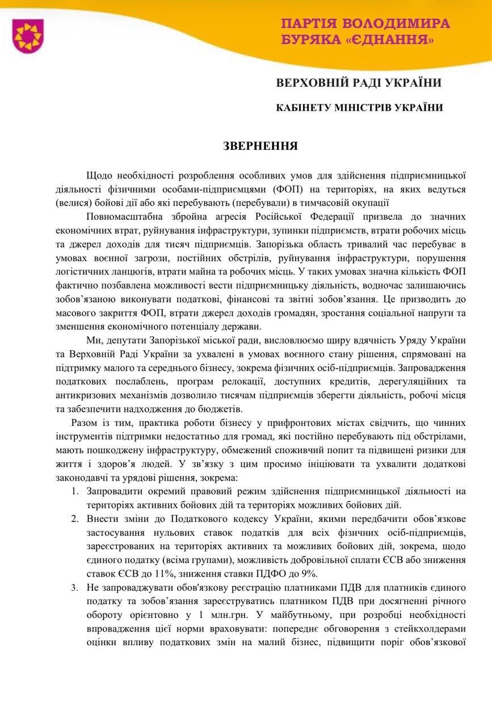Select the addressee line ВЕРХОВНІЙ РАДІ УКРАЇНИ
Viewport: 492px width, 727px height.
coord(359,83)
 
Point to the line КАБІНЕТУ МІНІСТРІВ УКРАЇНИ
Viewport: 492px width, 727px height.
coord(359,107)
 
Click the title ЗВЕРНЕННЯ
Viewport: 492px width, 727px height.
coord(260,146)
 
